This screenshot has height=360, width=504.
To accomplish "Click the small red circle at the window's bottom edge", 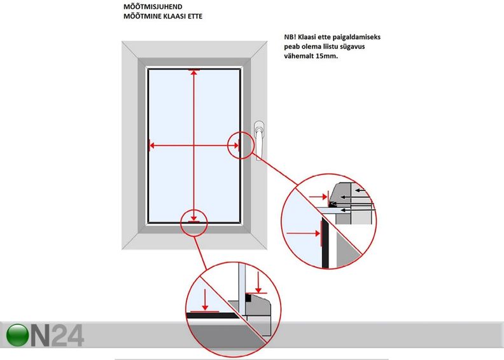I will [x=193, y=223].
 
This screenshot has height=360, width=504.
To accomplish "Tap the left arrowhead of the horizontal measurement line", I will [x=152, y=146].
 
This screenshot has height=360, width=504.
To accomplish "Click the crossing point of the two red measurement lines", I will [x=193, y=146].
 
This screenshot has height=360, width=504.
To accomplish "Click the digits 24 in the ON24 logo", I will [x=67, y=336].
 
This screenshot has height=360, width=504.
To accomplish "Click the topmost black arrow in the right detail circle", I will [x=361, y=190].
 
